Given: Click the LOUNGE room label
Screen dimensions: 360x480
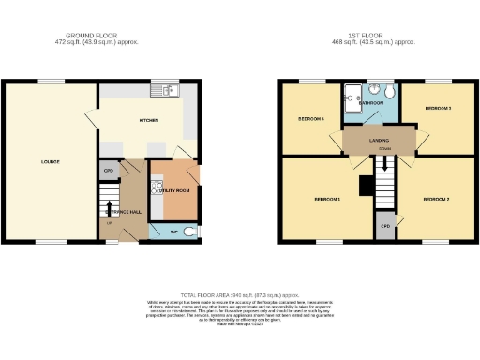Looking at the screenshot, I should point(51,161).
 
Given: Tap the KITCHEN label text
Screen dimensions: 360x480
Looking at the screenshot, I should point(148,121).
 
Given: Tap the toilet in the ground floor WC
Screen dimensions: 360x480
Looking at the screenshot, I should point(190,231).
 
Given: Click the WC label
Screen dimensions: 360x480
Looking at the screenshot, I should point(173,231).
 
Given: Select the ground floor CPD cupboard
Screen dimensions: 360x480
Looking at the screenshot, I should point(108,171).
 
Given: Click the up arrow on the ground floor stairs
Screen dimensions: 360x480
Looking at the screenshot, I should point(110,208).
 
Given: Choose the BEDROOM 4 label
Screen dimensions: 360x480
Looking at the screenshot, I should point(310,119).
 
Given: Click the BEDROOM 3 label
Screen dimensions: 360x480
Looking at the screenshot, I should point(438,109).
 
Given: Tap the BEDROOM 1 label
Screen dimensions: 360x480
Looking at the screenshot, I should point(326,199).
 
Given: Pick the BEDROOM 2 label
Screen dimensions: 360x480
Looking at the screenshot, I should point(436,199).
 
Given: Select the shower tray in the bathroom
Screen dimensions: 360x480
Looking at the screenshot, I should point(352,96).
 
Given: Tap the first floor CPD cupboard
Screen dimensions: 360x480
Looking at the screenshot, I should point(385,227).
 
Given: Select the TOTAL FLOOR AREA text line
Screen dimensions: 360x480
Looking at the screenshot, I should point(240,294).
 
